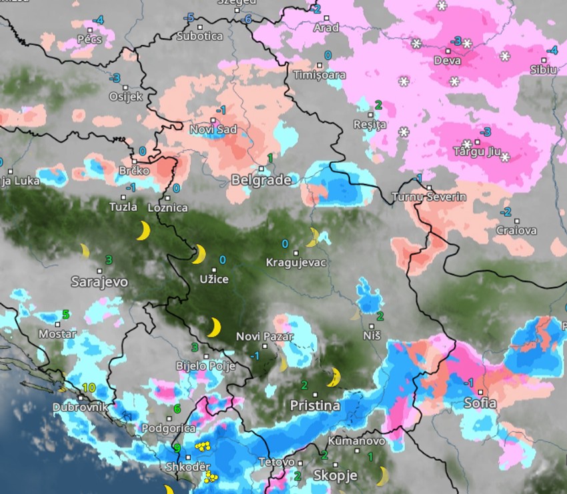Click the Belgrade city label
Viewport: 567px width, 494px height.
point(261,180)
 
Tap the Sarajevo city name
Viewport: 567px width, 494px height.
point(101,282)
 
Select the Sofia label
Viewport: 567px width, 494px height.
point(480,403)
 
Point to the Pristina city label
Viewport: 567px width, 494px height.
point(315,405)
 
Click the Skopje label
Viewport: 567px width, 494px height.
point(335,476)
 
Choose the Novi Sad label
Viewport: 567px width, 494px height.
point(213,129)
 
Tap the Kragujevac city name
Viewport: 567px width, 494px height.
point(296,262)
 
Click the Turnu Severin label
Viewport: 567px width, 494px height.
point(429,197)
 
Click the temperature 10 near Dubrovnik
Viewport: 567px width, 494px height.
point(89,387)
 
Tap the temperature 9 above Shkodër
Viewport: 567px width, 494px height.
point(177,448)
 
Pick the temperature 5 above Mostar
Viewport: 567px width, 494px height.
point(65,314)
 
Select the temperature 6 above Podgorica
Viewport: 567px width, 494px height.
point(177,409)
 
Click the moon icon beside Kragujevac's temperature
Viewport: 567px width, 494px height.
point(312,237)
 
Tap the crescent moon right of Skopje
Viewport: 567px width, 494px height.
point(382,476)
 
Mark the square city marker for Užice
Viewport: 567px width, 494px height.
point(214,269)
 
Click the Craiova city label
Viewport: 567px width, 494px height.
point(516,231)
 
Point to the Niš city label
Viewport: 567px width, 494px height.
point(372,335)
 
